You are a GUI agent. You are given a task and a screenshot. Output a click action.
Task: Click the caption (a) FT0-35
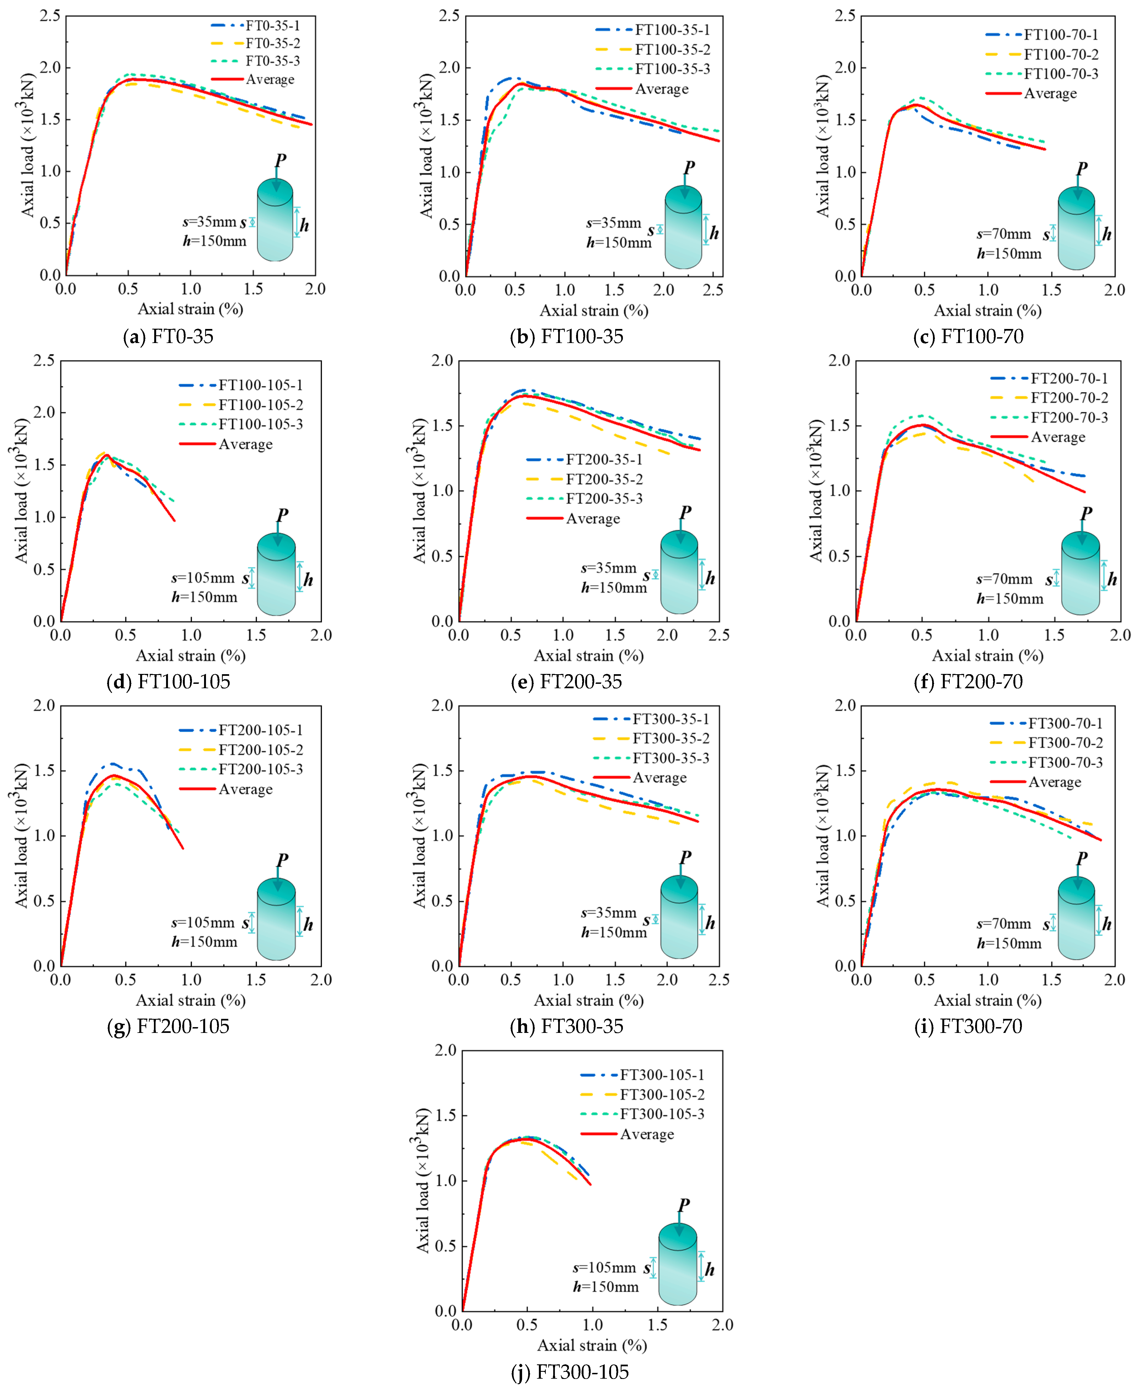point(168,336)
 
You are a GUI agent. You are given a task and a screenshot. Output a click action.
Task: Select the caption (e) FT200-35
point(566,681)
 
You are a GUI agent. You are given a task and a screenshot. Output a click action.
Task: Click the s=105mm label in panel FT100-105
point(203,578)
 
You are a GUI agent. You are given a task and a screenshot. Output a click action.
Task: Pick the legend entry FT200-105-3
point(260,769)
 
